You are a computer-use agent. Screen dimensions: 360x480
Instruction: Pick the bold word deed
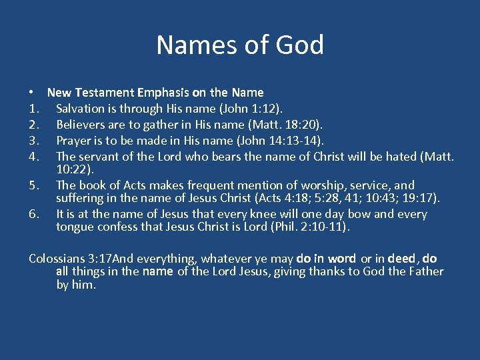point(401,258)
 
